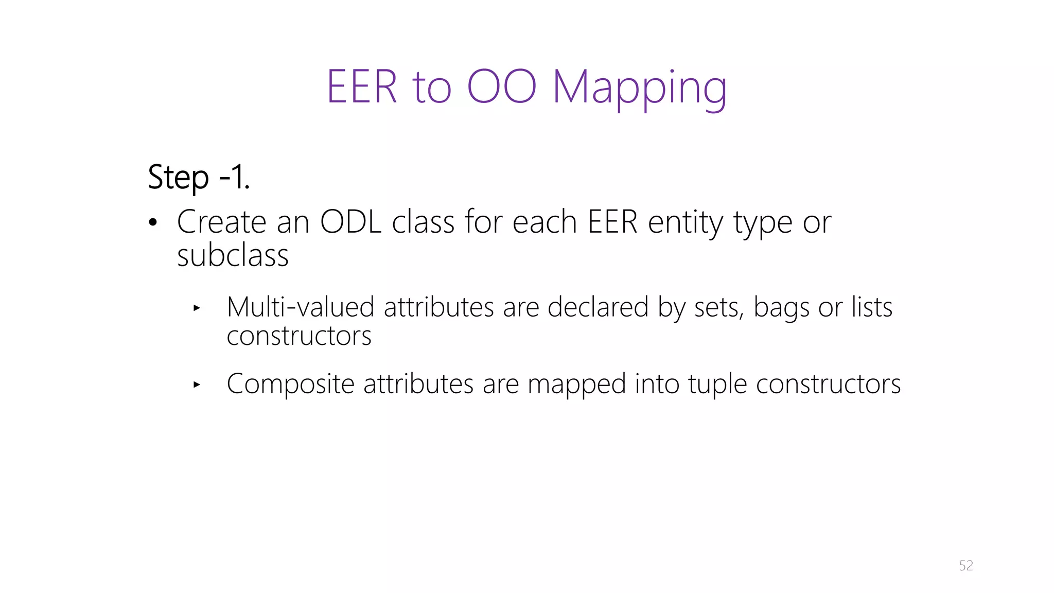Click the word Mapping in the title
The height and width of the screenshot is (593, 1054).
pyautogui.click(x=639, y=88)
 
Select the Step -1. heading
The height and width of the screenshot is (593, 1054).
pyautogui.click(x=199, y=177)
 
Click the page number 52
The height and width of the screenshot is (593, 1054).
pyautogui.click(x=965, y=566)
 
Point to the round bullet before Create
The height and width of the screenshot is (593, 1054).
pyautogui.click(x=152, y=223)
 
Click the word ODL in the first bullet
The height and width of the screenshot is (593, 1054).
pyautogui.click(x=350, y=222)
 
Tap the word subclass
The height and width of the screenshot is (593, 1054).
pyautogui.click(x=233, y=256)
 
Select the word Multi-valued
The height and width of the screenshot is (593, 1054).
pyautogui.click(x=300, y=307)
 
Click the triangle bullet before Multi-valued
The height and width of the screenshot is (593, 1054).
pyautogui.click(x=196, y=308)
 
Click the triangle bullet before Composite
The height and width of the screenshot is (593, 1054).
pyautogui.click(x=196, y=384)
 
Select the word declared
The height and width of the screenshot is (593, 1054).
pyautogui.click(x=598, y=307)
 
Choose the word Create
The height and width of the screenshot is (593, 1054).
pyautogui.click(x=221, y=222)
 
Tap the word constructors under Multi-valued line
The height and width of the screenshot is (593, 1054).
pyautogui.click(x=298, y=336)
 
